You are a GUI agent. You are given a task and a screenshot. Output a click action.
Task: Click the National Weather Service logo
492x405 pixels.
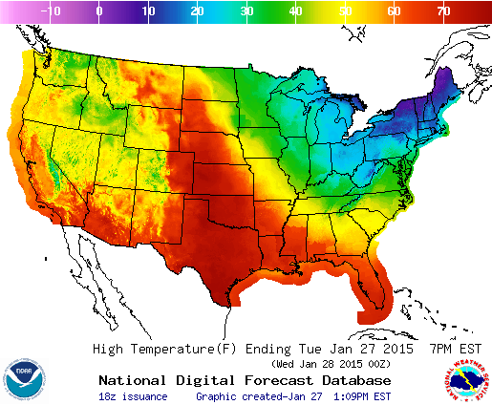466,380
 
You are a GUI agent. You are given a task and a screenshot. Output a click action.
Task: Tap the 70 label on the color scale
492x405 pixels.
444,11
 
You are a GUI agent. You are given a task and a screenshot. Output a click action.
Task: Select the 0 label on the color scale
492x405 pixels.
99,11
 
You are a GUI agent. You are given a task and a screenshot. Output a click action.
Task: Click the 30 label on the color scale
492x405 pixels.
247,11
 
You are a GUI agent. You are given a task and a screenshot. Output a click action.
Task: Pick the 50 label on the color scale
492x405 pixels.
346,11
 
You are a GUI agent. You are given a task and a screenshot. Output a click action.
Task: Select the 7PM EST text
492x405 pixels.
459,349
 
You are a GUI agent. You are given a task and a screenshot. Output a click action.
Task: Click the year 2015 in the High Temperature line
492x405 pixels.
404,349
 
